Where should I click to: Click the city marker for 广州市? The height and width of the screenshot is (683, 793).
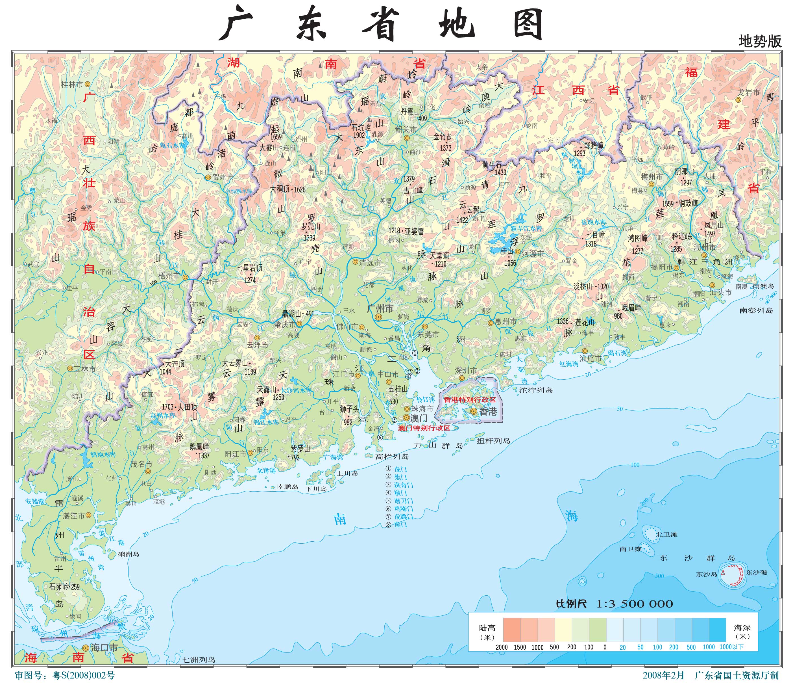[x=378, y=317]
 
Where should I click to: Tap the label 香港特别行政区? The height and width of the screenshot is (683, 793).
[x=470, y=399]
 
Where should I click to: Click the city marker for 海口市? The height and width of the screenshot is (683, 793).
[x=86, y=647]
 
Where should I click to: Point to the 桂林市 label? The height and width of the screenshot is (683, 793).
[x=72, y=84]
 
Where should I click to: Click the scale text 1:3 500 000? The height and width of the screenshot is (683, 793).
[x=635, y=604]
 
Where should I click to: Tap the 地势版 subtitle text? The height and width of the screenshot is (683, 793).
[x=760, y=41]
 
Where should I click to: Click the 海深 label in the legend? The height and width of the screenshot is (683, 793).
[x=742, y=628]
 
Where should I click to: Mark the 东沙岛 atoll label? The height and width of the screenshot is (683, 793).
[x=707, y=574]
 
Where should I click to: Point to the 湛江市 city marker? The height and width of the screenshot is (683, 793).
[x=88, y=516]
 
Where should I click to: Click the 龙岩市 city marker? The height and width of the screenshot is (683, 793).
[x=738, y=100]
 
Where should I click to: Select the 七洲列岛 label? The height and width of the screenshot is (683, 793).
[x=199, y=660]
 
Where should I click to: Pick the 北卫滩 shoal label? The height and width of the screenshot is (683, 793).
[x=666, y=534]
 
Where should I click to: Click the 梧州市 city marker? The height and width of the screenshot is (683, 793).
[x=185, y=277]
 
